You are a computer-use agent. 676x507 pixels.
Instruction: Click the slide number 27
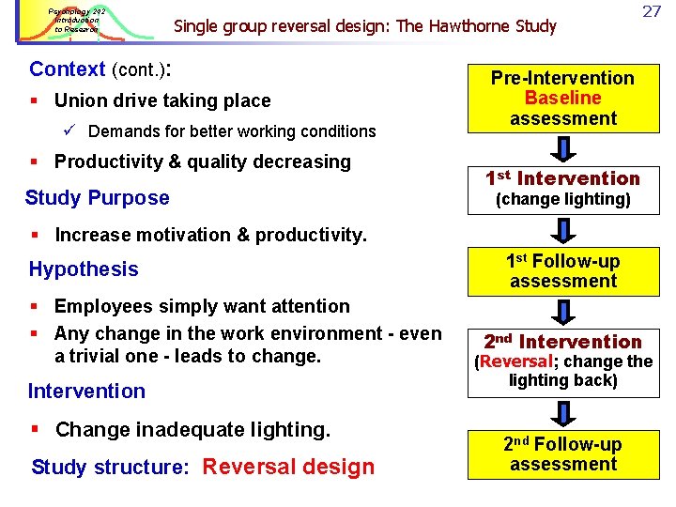652,11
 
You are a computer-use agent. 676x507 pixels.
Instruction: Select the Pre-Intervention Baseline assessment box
562,98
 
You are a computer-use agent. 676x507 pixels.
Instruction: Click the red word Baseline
562,98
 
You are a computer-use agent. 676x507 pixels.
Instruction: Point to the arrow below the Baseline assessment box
563,147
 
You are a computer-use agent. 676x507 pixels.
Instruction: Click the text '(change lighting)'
562,199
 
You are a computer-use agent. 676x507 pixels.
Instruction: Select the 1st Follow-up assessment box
562,271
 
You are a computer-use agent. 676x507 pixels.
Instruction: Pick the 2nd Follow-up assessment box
562,454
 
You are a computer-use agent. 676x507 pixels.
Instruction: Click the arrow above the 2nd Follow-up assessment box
563,412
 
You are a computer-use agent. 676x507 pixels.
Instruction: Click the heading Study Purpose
98,198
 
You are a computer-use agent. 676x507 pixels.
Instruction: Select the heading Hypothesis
84,269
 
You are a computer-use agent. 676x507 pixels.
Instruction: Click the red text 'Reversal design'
288,467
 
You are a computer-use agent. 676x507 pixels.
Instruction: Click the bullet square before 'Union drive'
35,101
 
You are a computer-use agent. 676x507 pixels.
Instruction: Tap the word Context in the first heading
68,69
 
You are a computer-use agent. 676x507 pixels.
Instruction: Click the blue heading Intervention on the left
86,392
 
